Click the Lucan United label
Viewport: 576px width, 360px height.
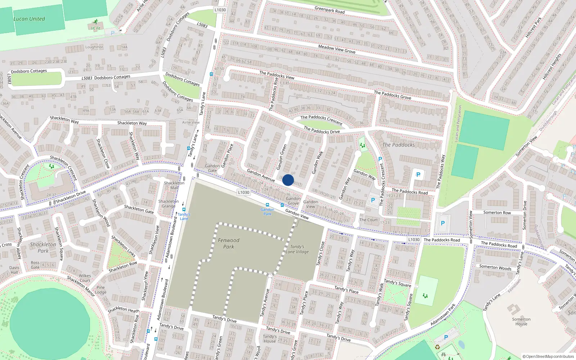click(x=29, y=19)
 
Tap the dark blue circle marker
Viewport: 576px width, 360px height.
click(x=288, y=180)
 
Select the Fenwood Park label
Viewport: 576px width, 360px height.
click(x=229, y=243)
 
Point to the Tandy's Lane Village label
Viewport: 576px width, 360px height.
click(x=297, y=249)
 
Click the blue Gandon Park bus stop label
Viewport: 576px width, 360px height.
click(x=267, y=211)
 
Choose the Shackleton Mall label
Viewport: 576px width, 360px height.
click(x=174, y=185)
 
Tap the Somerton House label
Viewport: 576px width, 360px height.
click(x=521, y=321)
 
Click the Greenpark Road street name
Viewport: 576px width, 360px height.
click(x=329, y=10)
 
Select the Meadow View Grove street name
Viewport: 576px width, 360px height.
click(x=337, y=49)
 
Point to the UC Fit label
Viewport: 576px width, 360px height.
click(x=95, y=28)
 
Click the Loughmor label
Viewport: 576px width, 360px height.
click(x=94, y=47)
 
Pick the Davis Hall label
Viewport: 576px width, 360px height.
click(x=14, y=270)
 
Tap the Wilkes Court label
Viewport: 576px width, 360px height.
click(x=85, y=278)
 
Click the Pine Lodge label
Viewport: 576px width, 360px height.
click(x=101, y=290)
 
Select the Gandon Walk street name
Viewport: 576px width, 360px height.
click(x=318, y=163)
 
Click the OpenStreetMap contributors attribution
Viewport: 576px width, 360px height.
click(x=548, y=356)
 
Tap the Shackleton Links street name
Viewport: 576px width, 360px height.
click(x=123, y=246)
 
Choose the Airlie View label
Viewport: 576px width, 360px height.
click(x=191, y=122)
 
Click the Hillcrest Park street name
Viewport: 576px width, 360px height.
click(x=533, y=27)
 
